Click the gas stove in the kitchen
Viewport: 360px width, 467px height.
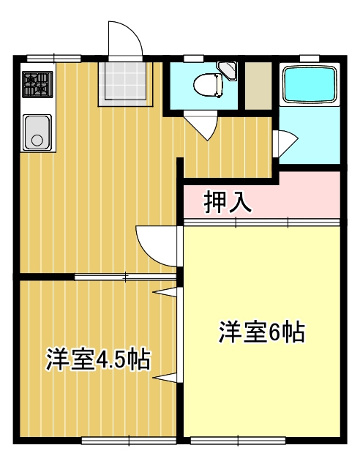point(38,84)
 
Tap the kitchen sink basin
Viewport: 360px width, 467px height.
point(37,132)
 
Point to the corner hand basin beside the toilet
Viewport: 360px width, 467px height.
point(228,71)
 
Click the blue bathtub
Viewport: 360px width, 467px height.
point(308,85)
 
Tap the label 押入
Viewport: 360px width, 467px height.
point(228,201)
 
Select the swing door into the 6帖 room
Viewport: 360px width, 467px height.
point(157,246)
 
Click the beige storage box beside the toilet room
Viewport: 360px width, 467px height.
point(258,86)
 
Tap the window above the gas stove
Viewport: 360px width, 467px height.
point(53,58)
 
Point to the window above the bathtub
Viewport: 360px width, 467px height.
point(310,58)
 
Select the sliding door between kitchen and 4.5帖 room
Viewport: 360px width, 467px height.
point(125,277)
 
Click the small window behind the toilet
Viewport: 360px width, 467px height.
point(194,58)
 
